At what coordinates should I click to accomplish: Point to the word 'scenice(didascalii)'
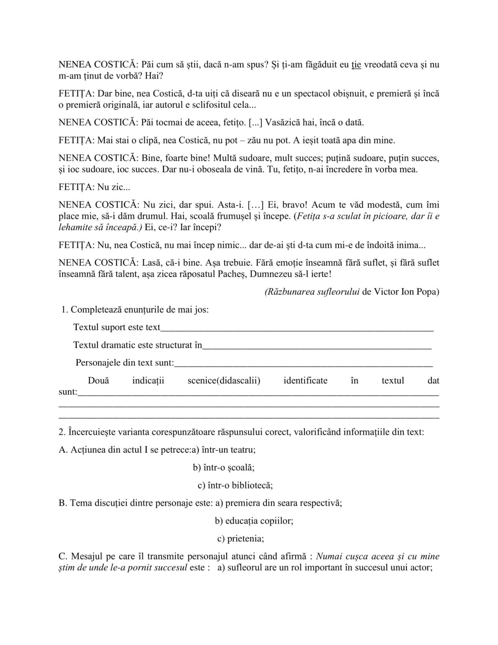coord(224,381)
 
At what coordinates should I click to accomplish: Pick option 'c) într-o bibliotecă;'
coord(235,485)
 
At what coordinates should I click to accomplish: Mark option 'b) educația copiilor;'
coord(254,521)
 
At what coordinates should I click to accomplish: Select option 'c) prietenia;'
coord(240,539)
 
